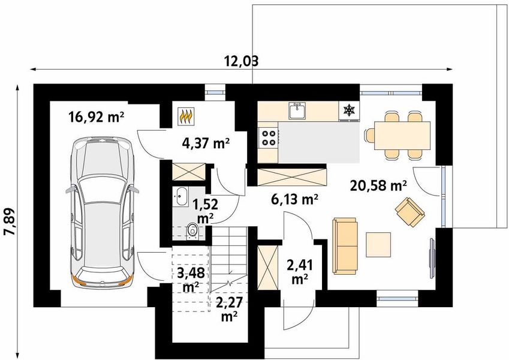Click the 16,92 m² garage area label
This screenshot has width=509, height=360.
96,117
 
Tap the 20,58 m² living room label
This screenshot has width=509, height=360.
378,186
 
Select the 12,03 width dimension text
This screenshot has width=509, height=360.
242,61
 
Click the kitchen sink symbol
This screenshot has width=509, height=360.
297,111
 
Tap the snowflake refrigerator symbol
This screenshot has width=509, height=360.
350,110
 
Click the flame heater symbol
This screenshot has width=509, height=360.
186,116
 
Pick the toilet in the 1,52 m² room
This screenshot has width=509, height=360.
194,231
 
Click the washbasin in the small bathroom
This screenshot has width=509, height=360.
180,196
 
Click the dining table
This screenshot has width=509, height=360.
402,136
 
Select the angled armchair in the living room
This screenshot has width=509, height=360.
410,212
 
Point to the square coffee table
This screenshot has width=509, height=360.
378,244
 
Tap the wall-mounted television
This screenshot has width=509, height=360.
432,259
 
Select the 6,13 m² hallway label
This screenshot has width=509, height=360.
294,199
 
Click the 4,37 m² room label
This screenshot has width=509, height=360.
206,143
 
